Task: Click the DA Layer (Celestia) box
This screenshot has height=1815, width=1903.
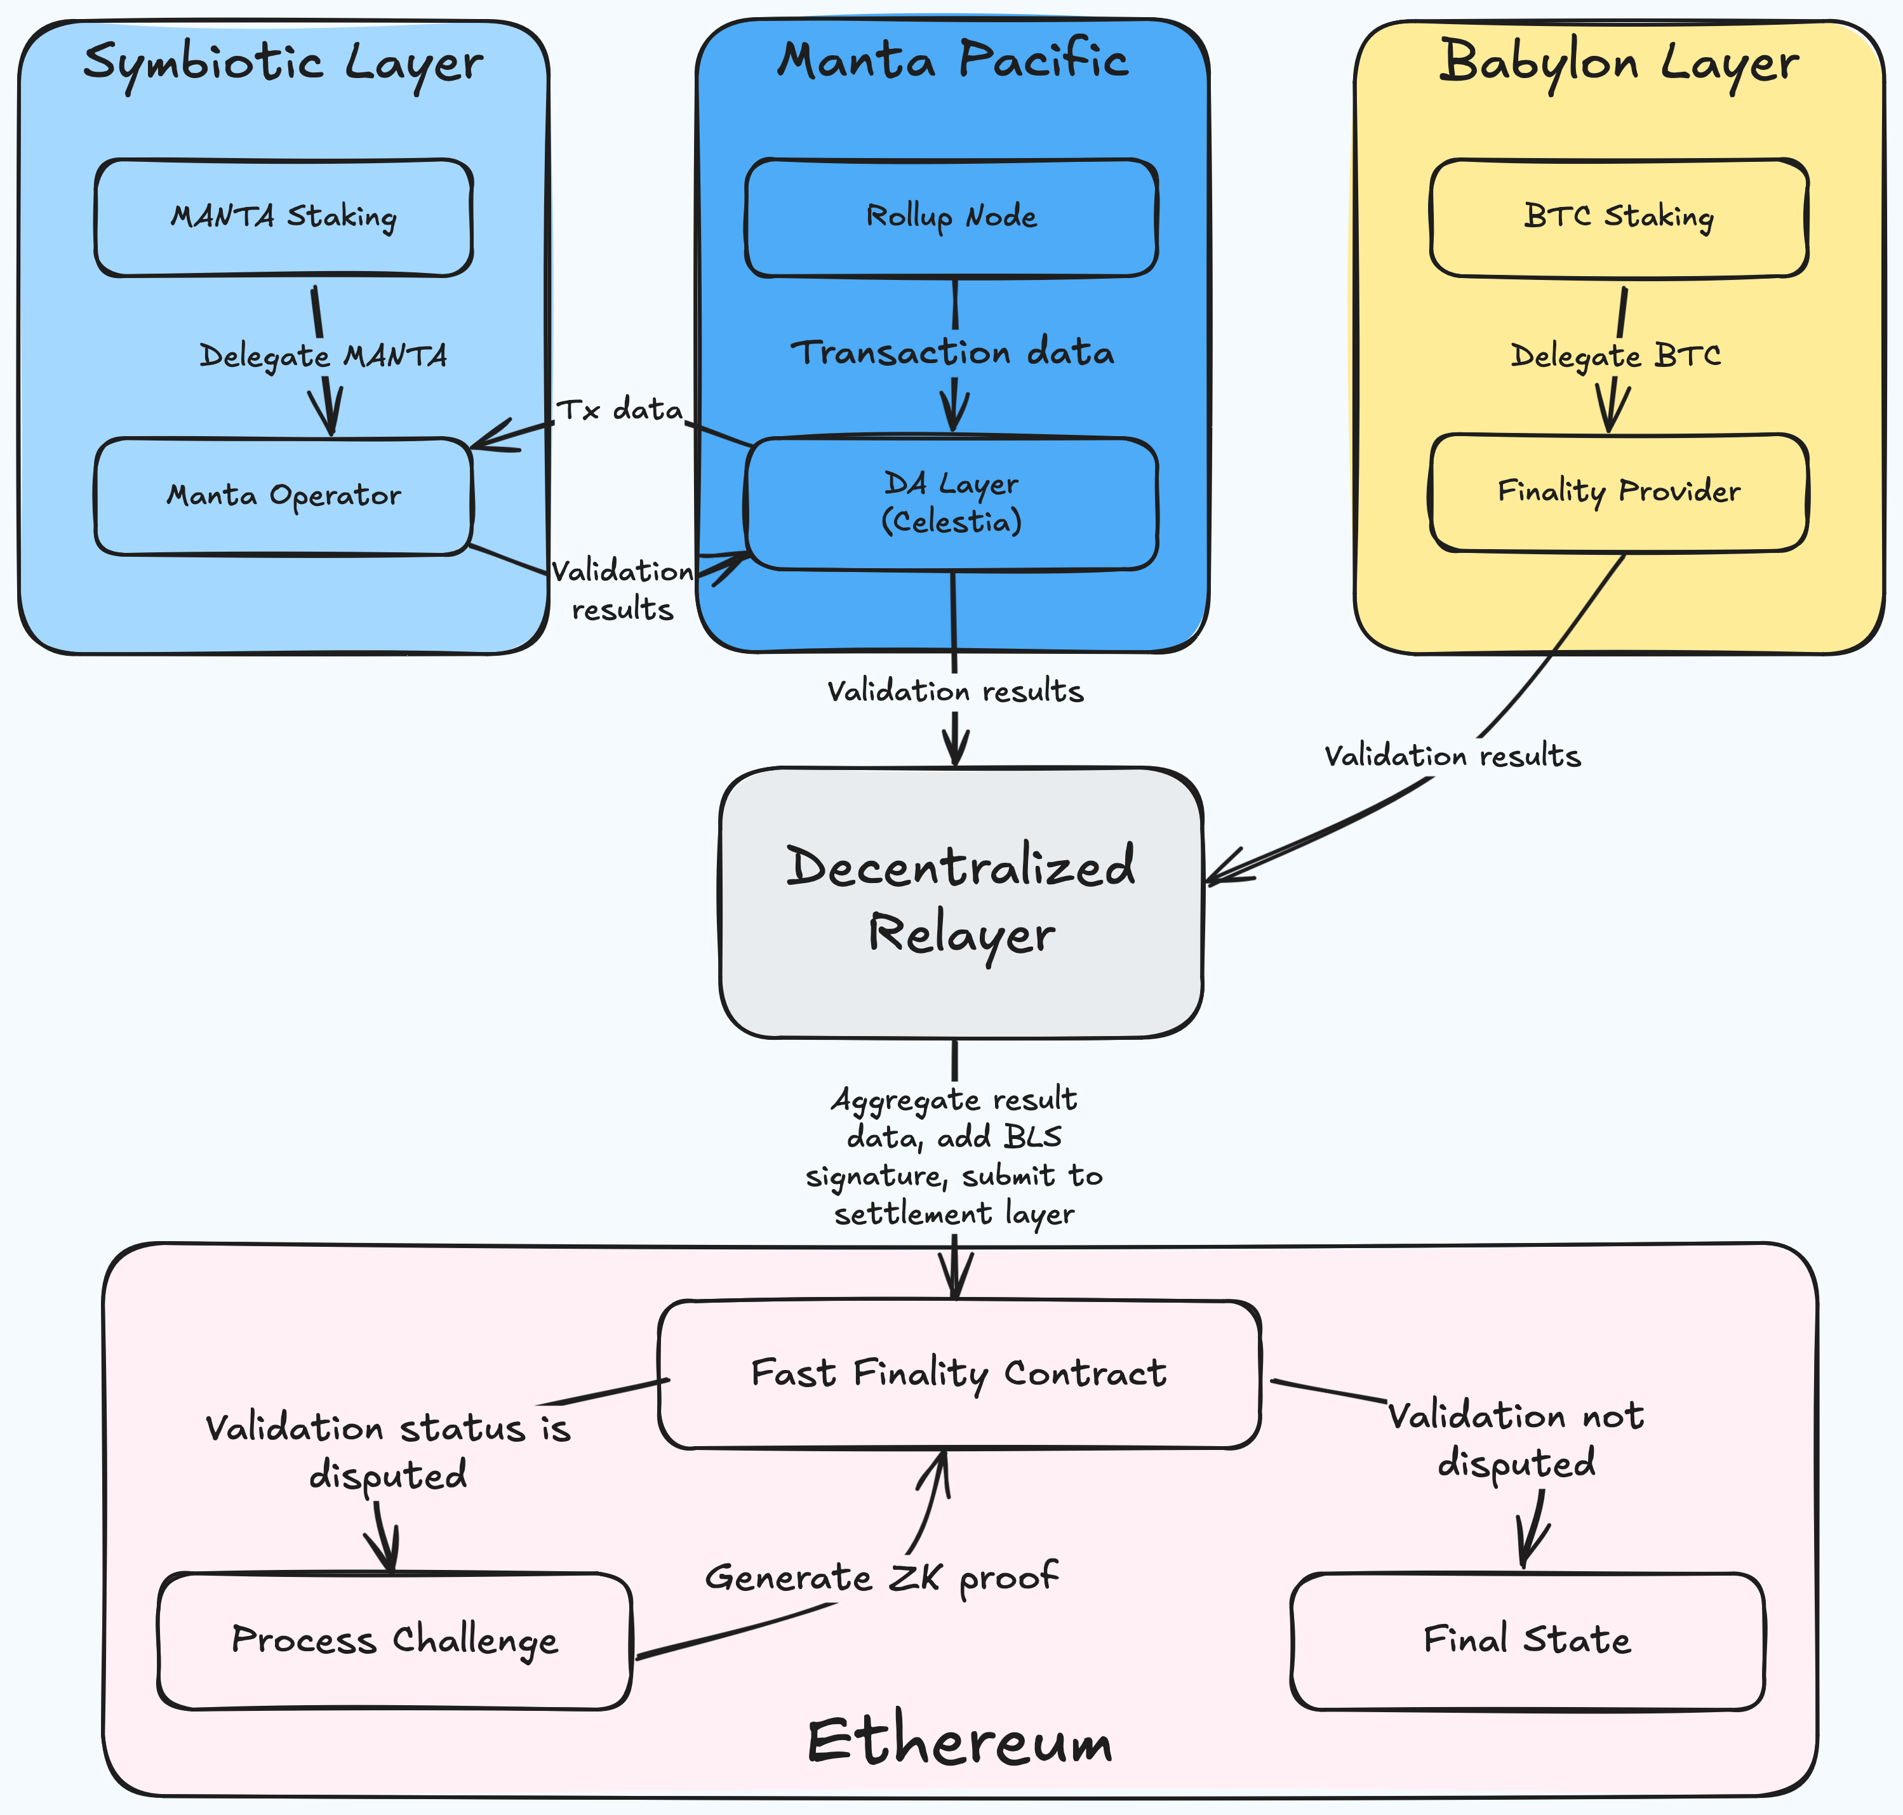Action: pos(951,502)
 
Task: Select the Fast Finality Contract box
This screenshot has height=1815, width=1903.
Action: pos(959,1374)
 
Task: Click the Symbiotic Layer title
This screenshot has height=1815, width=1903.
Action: pos(283,63)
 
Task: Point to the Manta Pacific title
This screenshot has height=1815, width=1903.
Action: pos(953,60)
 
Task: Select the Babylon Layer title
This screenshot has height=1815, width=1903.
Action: pos(1619,63)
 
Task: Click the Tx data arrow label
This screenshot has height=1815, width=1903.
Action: pos(620,410)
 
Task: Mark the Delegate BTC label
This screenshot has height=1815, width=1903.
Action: pos(1615,356)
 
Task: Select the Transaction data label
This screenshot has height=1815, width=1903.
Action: pos(953,352)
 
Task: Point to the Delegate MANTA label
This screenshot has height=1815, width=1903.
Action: pos(323,356)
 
